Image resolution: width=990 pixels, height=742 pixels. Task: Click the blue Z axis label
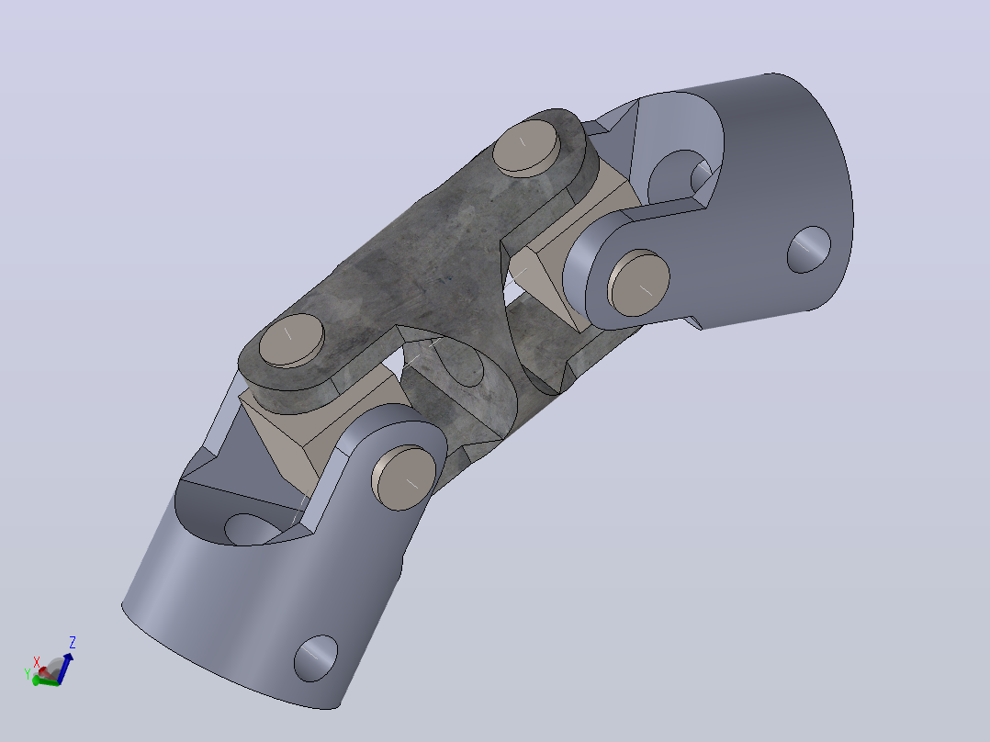coord(73,643)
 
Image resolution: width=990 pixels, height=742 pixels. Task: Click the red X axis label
coord(37,661)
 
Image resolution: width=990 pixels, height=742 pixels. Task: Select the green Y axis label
coord(28,674)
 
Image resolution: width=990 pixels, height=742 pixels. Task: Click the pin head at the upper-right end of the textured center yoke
coord(526,147)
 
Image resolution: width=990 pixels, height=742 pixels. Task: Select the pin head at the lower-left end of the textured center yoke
coord(292,340)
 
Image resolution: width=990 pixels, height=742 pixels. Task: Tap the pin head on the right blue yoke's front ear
coord(638,283)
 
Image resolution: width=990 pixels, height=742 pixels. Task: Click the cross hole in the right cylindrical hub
coord(809,250)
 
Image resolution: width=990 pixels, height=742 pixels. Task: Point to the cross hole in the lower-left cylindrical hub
coord(316,658)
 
